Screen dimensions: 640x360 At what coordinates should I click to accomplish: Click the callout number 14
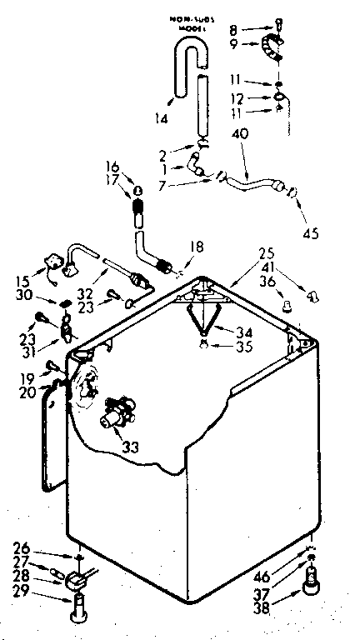click(x=161, y=119)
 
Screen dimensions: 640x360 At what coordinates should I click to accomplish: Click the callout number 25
click(x=266, y=252)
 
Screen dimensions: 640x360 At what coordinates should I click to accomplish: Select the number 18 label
click(x=197, y=247)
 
